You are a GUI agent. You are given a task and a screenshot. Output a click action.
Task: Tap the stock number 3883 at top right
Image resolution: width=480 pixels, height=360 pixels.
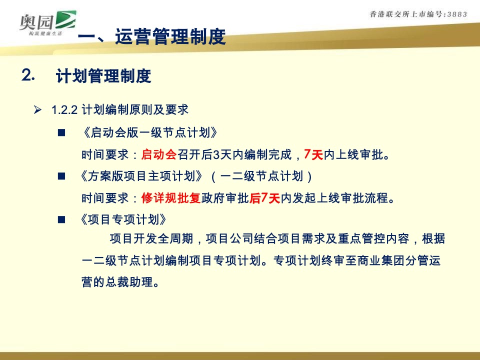[454, 14]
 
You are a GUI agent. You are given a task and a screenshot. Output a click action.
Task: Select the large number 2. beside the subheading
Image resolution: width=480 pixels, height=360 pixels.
[28, 75]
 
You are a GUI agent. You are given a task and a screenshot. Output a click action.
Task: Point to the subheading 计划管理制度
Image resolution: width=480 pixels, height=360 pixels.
[103, 76]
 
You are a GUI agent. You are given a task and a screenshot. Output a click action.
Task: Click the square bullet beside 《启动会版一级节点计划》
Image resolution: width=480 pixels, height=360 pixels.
[62, 133]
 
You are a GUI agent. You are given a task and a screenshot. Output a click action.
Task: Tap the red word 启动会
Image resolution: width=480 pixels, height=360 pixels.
[159, 154]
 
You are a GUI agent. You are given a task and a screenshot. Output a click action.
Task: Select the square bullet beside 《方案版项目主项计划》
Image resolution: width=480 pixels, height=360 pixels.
[62, 176]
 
